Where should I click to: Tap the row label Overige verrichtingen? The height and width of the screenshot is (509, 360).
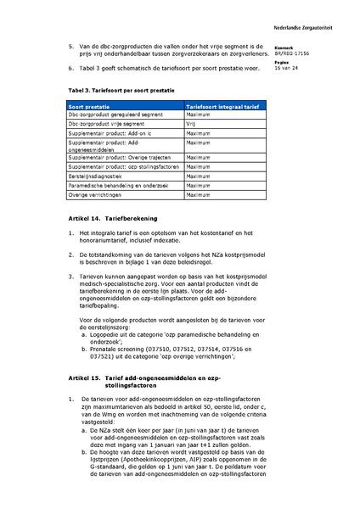coord(96,195)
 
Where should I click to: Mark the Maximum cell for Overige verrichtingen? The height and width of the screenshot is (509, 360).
coord(198,195)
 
